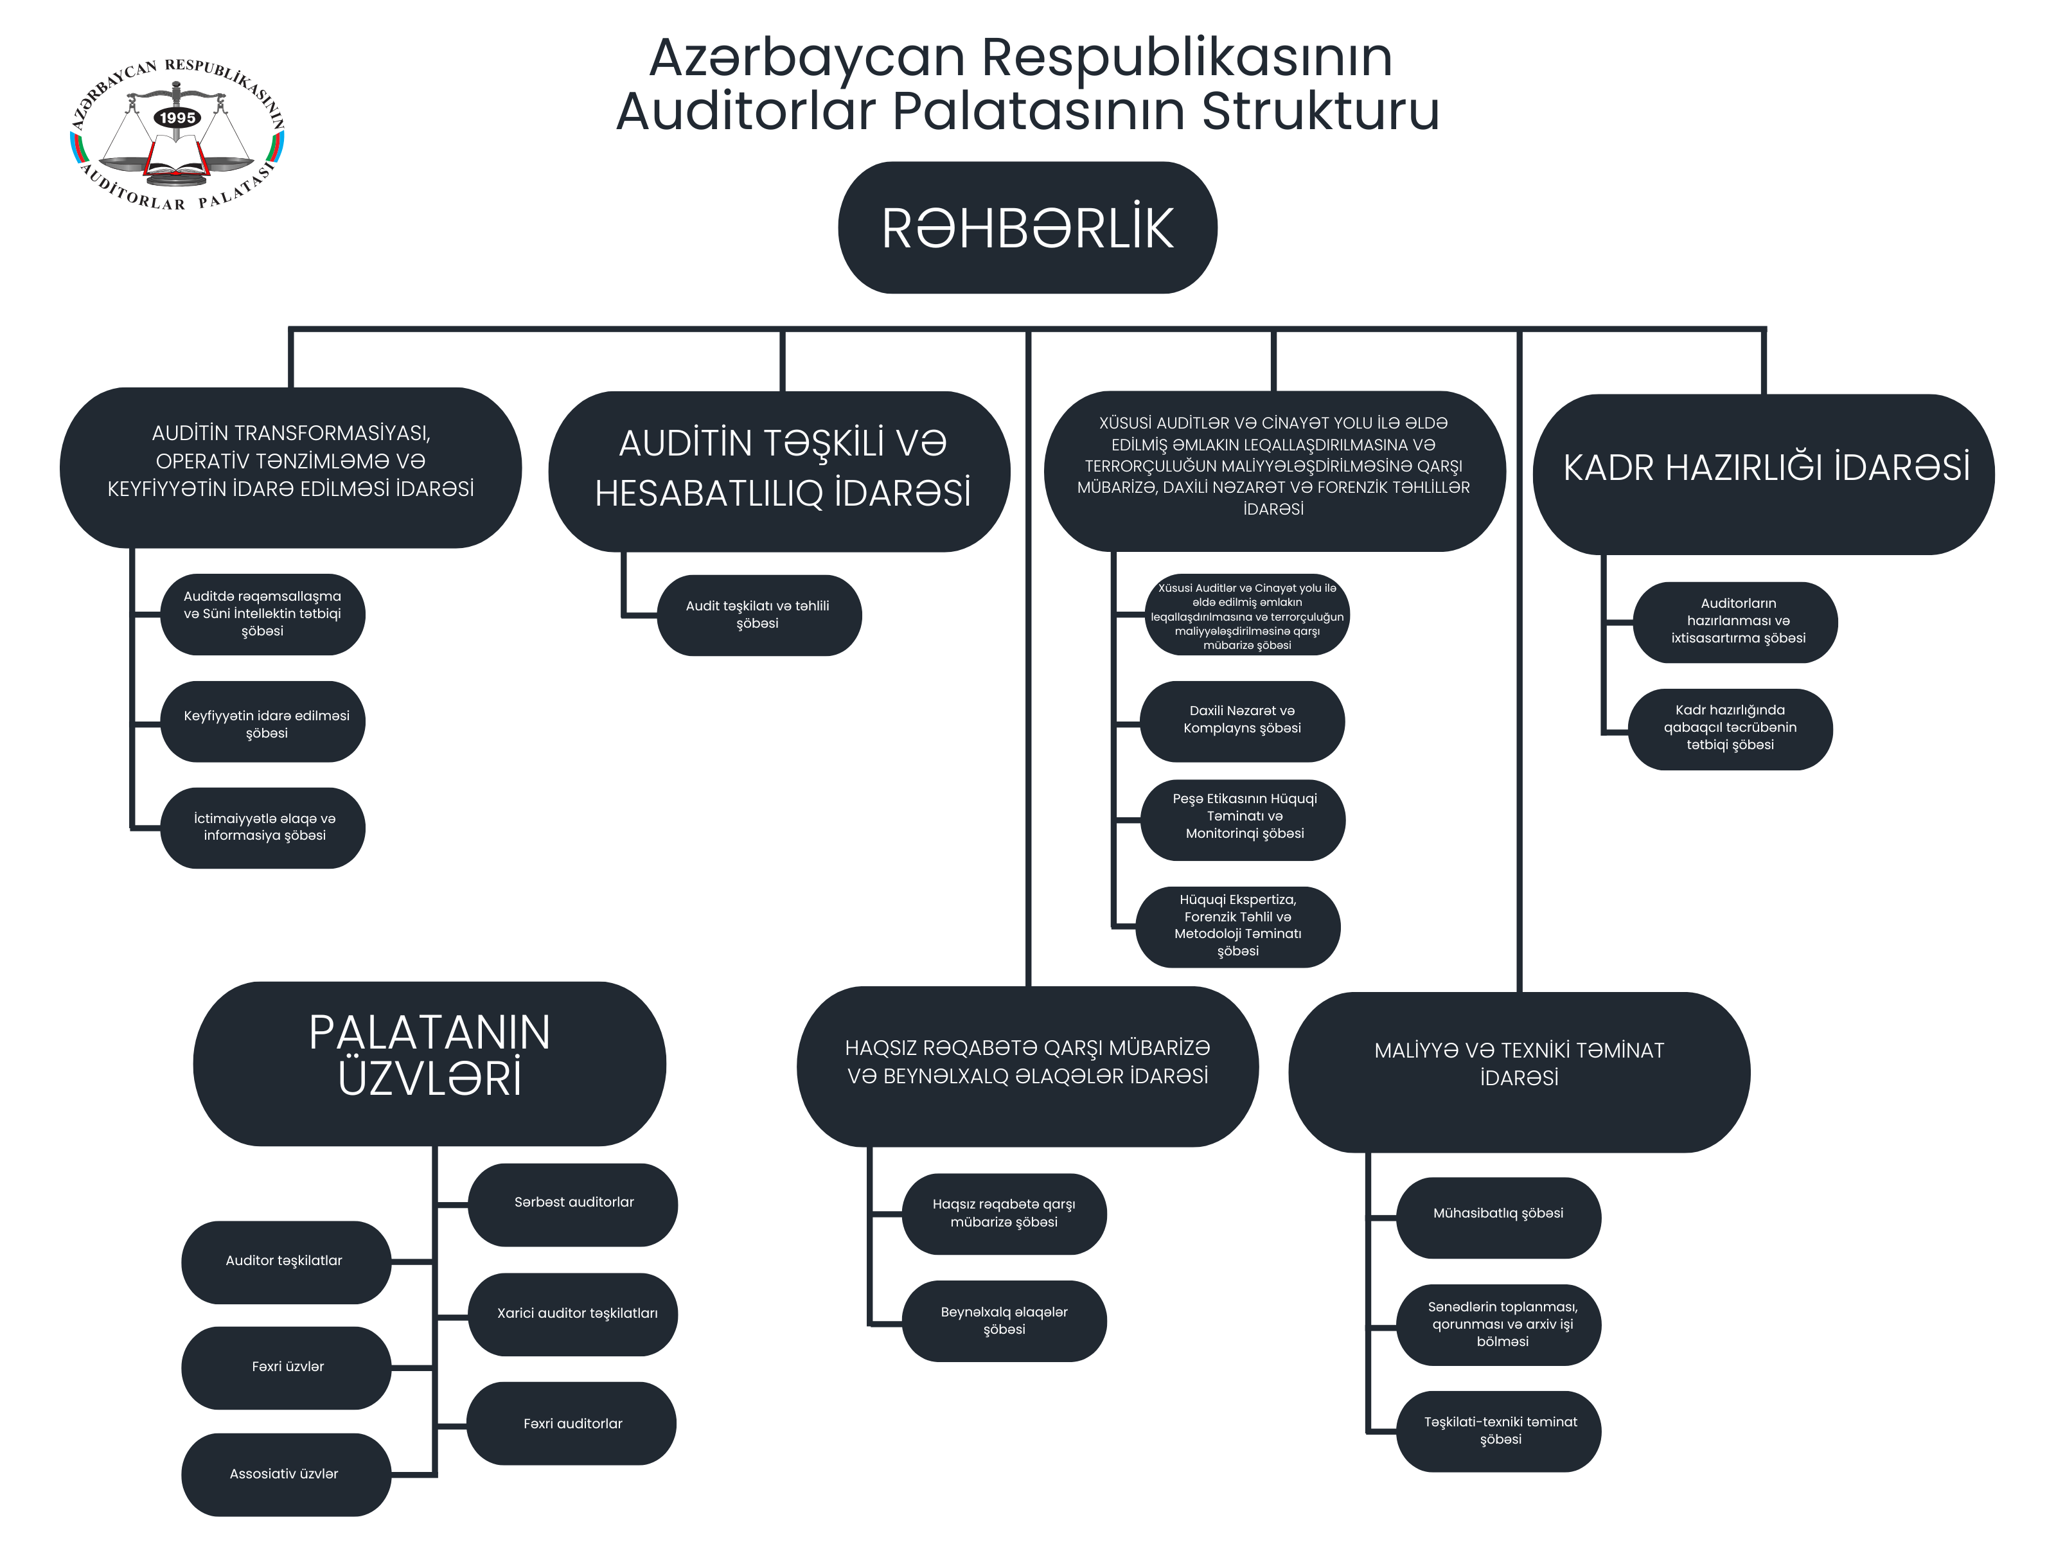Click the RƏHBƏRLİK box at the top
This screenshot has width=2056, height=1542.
point(1027,227)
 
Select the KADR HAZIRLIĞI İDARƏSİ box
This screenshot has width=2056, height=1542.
point(1763,474)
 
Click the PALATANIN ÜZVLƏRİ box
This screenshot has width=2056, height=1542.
point(429,1063)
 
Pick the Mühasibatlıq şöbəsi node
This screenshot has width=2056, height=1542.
point(1498,1218)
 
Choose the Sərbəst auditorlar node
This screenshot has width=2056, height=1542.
point(574,1205)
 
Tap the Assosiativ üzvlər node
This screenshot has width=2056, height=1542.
point(285,1474)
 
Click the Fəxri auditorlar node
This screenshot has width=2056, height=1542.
point(572,1423)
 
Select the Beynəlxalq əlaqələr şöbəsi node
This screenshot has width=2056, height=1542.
point(1004,1321)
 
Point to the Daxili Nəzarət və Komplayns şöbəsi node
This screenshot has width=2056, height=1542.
point(1242,722)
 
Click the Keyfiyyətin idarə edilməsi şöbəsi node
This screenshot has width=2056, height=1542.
point(262,722)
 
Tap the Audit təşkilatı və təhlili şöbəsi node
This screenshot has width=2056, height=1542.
point(758,616)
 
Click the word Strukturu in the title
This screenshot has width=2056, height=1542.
point(1320,111)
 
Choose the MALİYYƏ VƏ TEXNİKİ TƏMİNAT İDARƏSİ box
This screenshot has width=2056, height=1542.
point(1519,1072)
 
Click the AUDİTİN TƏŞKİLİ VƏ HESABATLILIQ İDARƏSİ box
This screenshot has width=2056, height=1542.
point(779,471)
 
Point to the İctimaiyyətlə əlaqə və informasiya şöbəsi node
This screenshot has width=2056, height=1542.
point(262,828)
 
